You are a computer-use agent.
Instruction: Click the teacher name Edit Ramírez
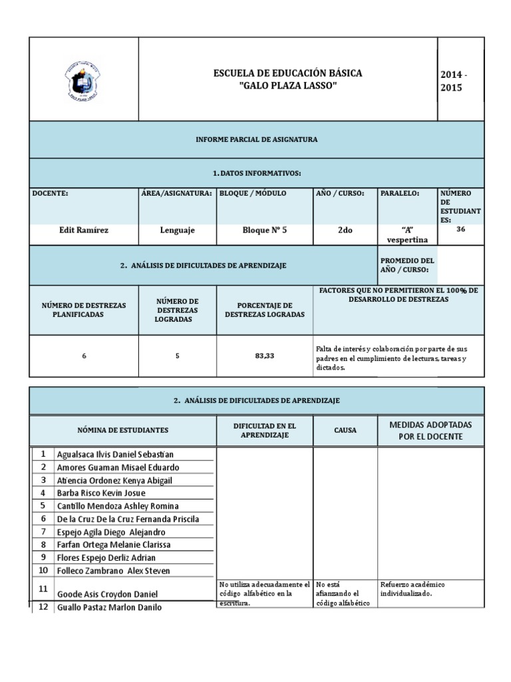tap(84, 230)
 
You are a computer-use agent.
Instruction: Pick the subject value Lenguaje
tap(178, 230)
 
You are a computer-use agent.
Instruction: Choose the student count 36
tap(461, 229)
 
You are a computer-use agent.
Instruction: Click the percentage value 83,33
tap(265, 356)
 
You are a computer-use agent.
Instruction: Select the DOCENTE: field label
tap(51, 193)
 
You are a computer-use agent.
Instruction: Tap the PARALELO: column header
tap(399, 193)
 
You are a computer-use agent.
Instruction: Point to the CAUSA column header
tap(345, 430)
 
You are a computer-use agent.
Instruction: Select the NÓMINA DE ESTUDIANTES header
tap(123, 430)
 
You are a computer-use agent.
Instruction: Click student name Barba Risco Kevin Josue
tap(101, 493)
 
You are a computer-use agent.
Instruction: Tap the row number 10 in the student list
tap(43, 570)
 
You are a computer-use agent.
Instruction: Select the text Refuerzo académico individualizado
tap(413, 589)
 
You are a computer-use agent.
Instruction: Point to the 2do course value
tap(345, 230)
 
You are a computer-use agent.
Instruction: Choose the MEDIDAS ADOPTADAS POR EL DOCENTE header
tap(431, 430)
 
